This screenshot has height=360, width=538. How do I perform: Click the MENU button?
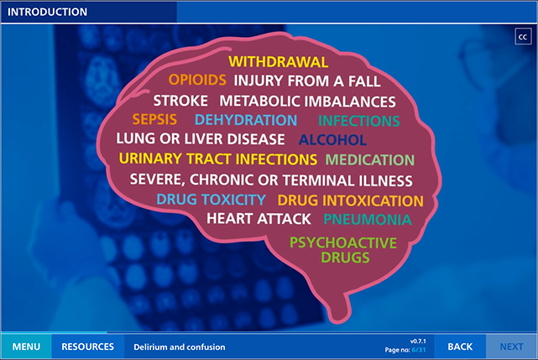tap(26, 347)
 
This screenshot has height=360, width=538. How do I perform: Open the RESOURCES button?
tap(88, 347)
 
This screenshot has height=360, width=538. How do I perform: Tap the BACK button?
tap(460, 347)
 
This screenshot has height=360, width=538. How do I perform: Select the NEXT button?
tap(511, 347)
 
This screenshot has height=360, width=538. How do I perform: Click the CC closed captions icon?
tap(523, 37)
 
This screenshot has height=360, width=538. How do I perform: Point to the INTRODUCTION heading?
tap(47, 12)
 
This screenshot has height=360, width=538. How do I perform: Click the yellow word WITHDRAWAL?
tap(279, 62)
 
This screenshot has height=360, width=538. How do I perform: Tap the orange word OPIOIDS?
tap(197, 80)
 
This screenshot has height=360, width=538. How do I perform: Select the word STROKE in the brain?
tap(180, 101)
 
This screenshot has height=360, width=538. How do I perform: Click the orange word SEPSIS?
tap(154, 119)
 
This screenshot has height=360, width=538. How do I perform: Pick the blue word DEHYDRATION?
tap(246, 120)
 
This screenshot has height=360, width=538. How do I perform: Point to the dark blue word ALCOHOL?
tap(332, 140)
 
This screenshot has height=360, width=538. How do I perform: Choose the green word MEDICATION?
tap(370, 160)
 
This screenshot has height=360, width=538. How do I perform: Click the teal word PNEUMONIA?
tap(368, 220)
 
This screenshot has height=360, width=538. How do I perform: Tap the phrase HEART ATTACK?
tap(259, 219)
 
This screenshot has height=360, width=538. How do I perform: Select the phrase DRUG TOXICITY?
tap(211, 200)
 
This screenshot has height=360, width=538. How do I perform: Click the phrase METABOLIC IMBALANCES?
tap(307, 102)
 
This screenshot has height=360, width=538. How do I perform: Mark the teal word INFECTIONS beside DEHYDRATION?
tap(359, 121)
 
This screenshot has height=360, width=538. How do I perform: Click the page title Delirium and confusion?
tap(180, 347)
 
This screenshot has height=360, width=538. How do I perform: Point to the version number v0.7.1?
tap(418, 342)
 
